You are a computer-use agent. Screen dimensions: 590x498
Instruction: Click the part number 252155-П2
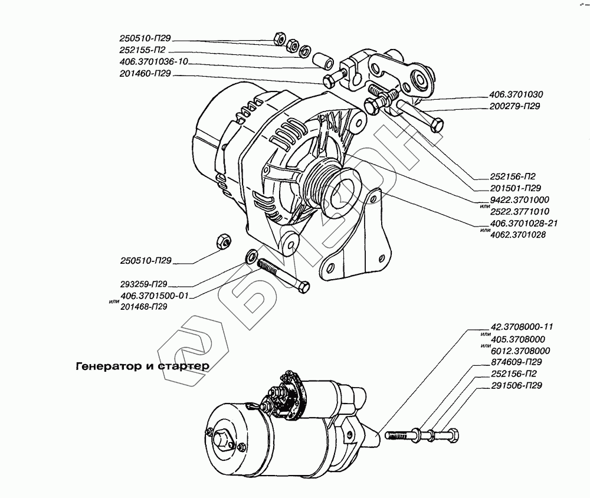tap(142, 50)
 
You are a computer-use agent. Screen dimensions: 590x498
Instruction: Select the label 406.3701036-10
tap(153, 62)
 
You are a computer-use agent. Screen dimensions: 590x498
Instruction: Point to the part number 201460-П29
tap(145, 74)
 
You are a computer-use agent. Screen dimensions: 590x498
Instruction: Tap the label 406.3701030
tap(516, 94)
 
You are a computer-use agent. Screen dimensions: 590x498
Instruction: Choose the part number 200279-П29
tap(514, 106)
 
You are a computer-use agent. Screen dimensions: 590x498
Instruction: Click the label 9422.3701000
tap(519, 199)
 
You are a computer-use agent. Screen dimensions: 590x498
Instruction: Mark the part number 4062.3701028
tap(518, 235)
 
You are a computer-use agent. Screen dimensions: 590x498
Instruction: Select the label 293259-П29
tap(144, 284)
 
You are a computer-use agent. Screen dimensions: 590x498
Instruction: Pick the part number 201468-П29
tap(144, 307)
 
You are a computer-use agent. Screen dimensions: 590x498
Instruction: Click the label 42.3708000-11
tap(522, 327)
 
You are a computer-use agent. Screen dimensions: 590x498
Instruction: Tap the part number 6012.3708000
tap(520, 351)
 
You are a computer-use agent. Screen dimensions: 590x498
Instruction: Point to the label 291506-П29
tap(516, 385)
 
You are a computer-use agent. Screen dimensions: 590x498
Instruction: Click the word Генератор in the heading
tap(108, 366)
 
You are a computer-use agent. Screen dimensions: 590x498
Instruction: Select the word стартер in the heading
tap(183, 366)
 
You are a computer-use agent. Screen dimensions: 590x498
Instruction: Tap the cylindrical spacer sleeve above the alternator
tap(323, 60)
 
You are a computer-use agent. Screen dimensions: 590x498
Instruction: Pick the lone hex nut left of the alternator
tap(224, 241)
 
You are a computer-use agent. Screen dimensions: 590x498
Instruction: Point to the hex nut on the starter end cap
tap(222, 440)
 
